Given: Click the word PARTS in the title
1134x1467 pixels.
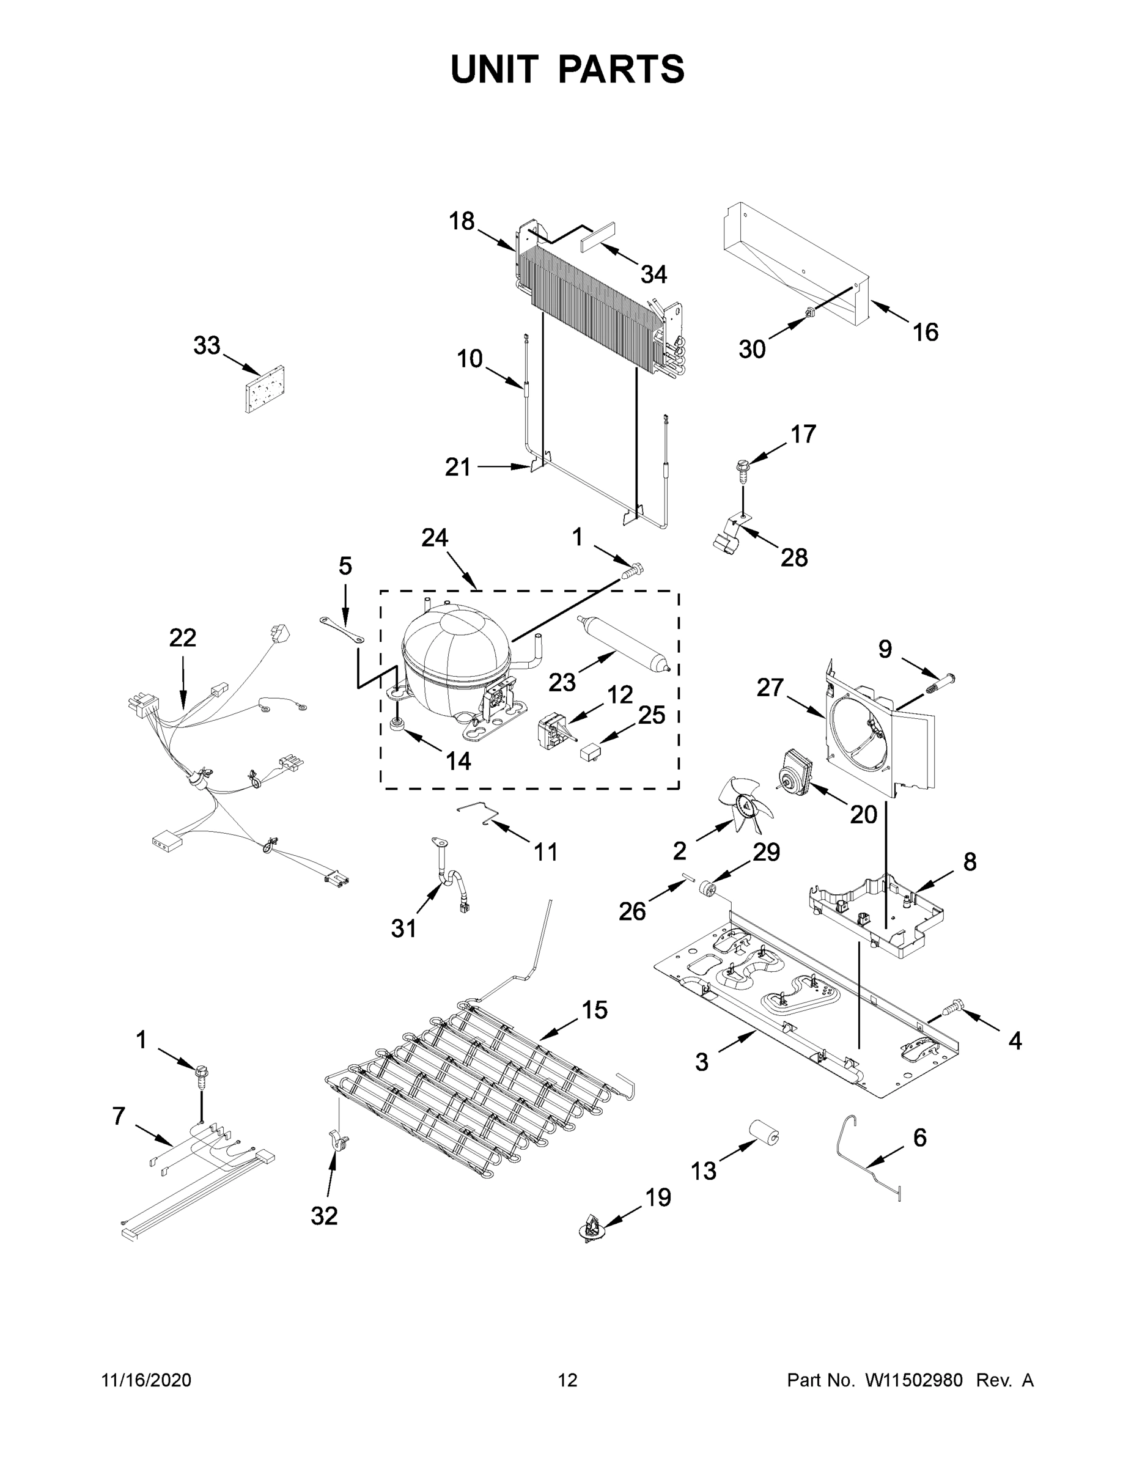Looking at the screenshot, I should pos(622,69).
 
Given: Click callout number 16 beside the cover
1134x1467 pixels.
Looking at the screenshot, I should pos(925,332).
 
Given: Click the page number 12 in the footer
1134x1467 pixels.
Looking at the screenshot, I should pos(568,1380).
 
